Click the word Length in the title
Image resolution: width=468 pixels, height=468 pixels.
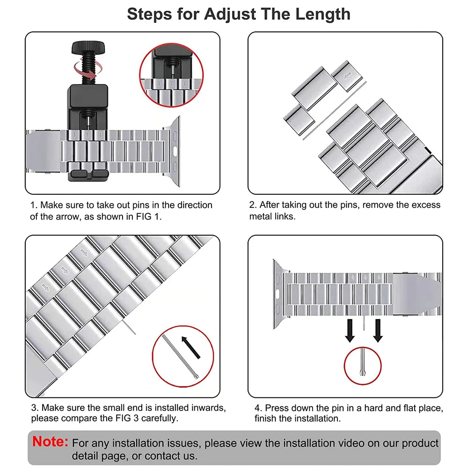(322, 14)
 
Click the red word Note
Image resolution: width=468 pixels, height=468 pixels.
(51, 441)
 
